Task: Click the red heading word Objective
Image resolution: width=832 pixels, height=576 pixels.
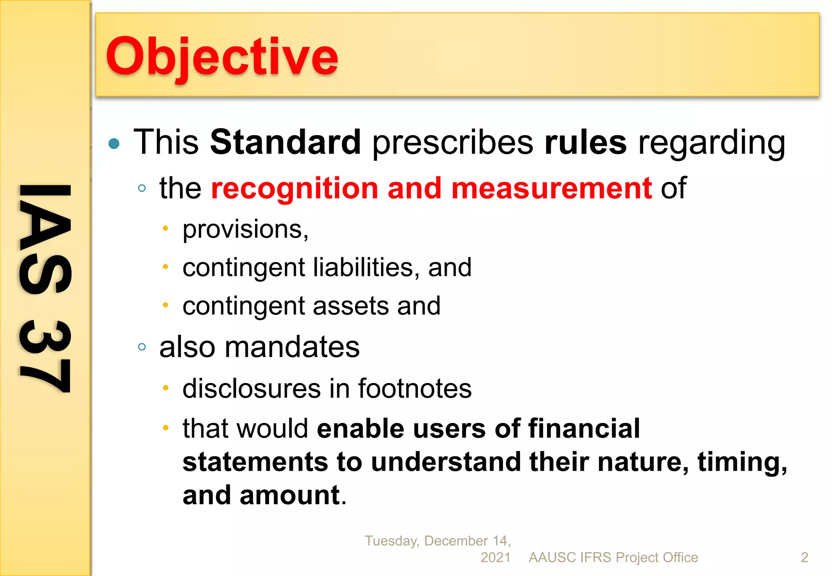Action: (222, 57)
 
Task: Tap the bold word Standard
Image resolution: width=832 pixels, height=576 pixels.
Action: (285, 142)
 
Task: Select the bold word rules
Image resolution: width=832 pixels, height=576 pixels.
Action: (585, 142)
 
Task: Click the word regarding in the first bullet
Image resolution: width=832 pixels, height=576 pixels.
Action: (712, 143)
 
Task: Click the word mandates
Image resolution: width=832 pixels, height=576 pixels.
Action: (292, 347)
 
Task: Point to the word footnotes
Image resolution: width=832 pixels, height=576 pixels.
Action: (414, 389)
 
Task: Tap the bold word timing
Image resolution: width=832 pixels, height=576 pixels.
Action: (742, 462)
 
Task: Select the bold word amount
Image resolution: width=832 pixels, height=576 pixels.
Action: (289, 495)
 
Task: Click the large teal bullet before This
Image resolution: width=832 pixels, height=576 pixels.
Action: (114, 143)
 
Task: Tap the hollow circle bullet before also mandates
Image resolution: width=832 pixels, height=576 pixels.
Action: (142, 347)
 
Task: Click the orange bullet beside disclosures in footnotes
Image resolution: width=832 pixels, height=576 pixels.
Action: (165, 388)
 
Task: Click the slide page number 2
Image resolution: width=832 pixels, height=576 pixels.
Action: (804, 557)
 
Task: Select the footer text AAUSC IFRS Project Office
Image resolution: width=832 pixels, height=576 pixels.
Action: (613, 557)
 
